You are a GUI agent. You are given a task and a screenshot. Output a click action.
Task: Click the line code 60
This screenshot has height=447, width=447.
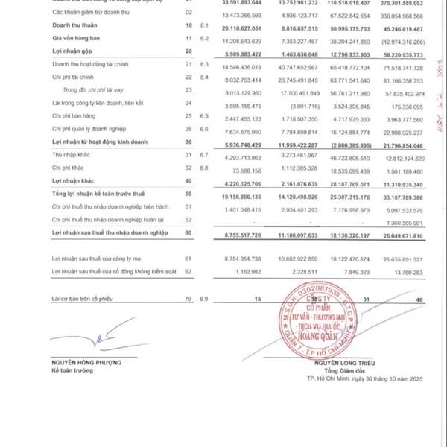pos(188,234)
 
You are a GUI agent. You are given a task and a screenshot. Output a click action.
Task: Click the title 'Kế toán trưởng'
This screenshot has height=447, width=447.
pos(70,370)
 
